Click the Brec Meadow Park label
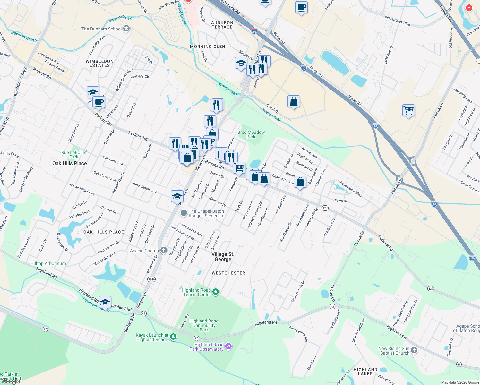[251, 134]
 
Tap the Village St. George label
[223, 257]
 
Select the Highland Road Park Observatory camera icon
[228, 346]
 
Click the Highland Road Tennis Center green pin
[216, 292]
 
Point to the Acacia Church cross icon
[164, 250]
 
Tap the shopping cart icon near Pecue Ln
[409, 110]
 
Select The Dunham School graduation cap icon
[126, 29]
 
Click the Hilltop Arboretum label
[48, 263]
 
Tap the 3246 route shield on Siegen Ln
[151, 279]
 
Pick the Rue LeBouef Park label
[74, 155]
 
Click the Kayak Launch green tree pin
[173, 337]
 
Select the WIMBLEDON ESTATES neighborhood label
[99, 63]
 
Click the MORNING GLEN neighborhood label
[208, 47]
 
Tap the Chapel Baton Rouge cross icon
[184, 213]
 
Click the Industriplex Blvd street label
[397, 21]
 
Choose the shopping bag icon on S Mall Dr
[294, 102]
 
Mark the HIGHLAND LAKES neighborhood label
[365, 372]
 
